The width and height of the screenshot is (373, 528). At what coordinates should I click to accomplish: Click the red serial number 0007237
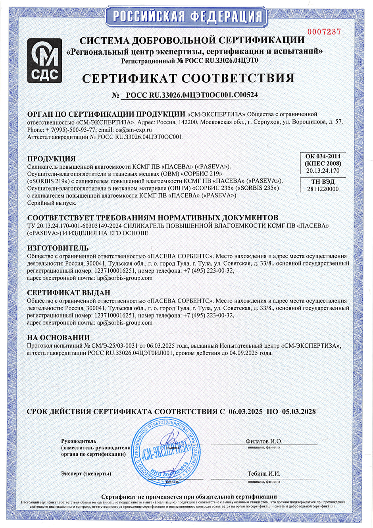(x=324, y=32)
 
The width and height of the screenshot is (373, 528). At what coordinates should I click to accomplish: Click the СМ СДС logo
(x=44, y=61)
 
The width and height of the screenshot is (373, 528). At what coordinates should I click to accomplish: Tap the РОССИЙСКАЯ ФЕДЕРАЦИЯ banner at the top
(x=187, y=17)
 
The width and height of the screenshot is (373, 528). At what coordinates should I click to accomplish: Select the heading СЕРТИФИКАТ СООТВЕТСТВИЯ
(x=188, y=78)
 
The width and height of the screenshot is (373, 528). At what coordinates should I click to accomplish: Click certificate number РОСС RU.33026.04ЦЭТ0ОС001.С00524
(x=192, y=95)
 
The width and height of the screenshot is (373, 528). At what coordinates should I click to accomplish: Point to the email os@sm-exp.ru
(x=134, y=129)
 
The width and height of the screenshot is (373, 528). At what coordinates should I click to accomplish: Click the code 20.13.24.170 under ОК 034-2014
(x=323, y=171)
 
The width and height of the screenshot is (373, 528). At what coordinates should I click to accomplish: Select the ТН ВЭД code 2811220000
(x=323, y=189)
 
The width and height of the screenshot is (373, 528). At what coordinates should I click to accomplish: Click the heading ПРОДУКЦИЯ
(x=51, y=159)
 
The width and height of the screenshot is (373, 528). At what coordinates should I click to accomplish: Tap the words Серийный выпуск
(x=52, y=203)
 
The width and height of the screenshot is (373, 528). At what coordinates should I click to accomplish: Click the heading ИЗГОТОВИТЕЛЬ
(x=58, y=248)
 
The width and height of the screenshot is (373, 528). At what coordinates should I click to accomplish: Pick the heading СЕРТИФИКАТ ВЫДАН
(x=69, y=293)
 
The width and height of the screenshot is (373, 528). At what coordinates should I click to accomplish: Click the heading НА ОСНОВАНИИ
(x=58, y=338)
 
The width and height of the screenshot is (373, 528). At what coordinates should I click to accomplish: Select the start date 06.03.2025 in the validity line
(x=245, y=412)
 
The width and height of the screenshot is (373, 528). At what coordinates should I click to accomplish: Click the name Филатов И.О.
(x=264, y=441)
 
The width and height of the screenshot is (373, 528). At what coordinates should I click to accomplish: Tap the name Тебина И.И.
(x=264, y=474)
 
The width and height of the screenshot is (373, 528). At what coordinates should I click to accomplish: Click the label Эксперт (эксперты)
(x=86, y=474)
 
